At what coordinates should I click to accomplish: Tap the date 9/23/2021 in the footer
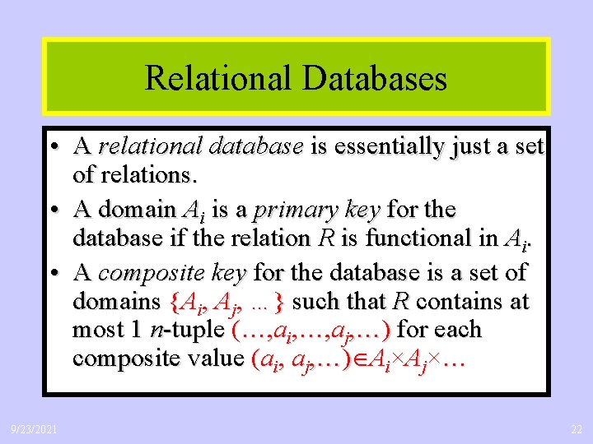34,429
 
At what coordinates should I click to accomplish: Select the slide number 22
575,429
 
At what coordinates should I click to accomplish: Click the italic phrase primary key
316,210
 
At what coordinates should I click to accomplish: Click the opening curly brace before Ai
175,301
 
